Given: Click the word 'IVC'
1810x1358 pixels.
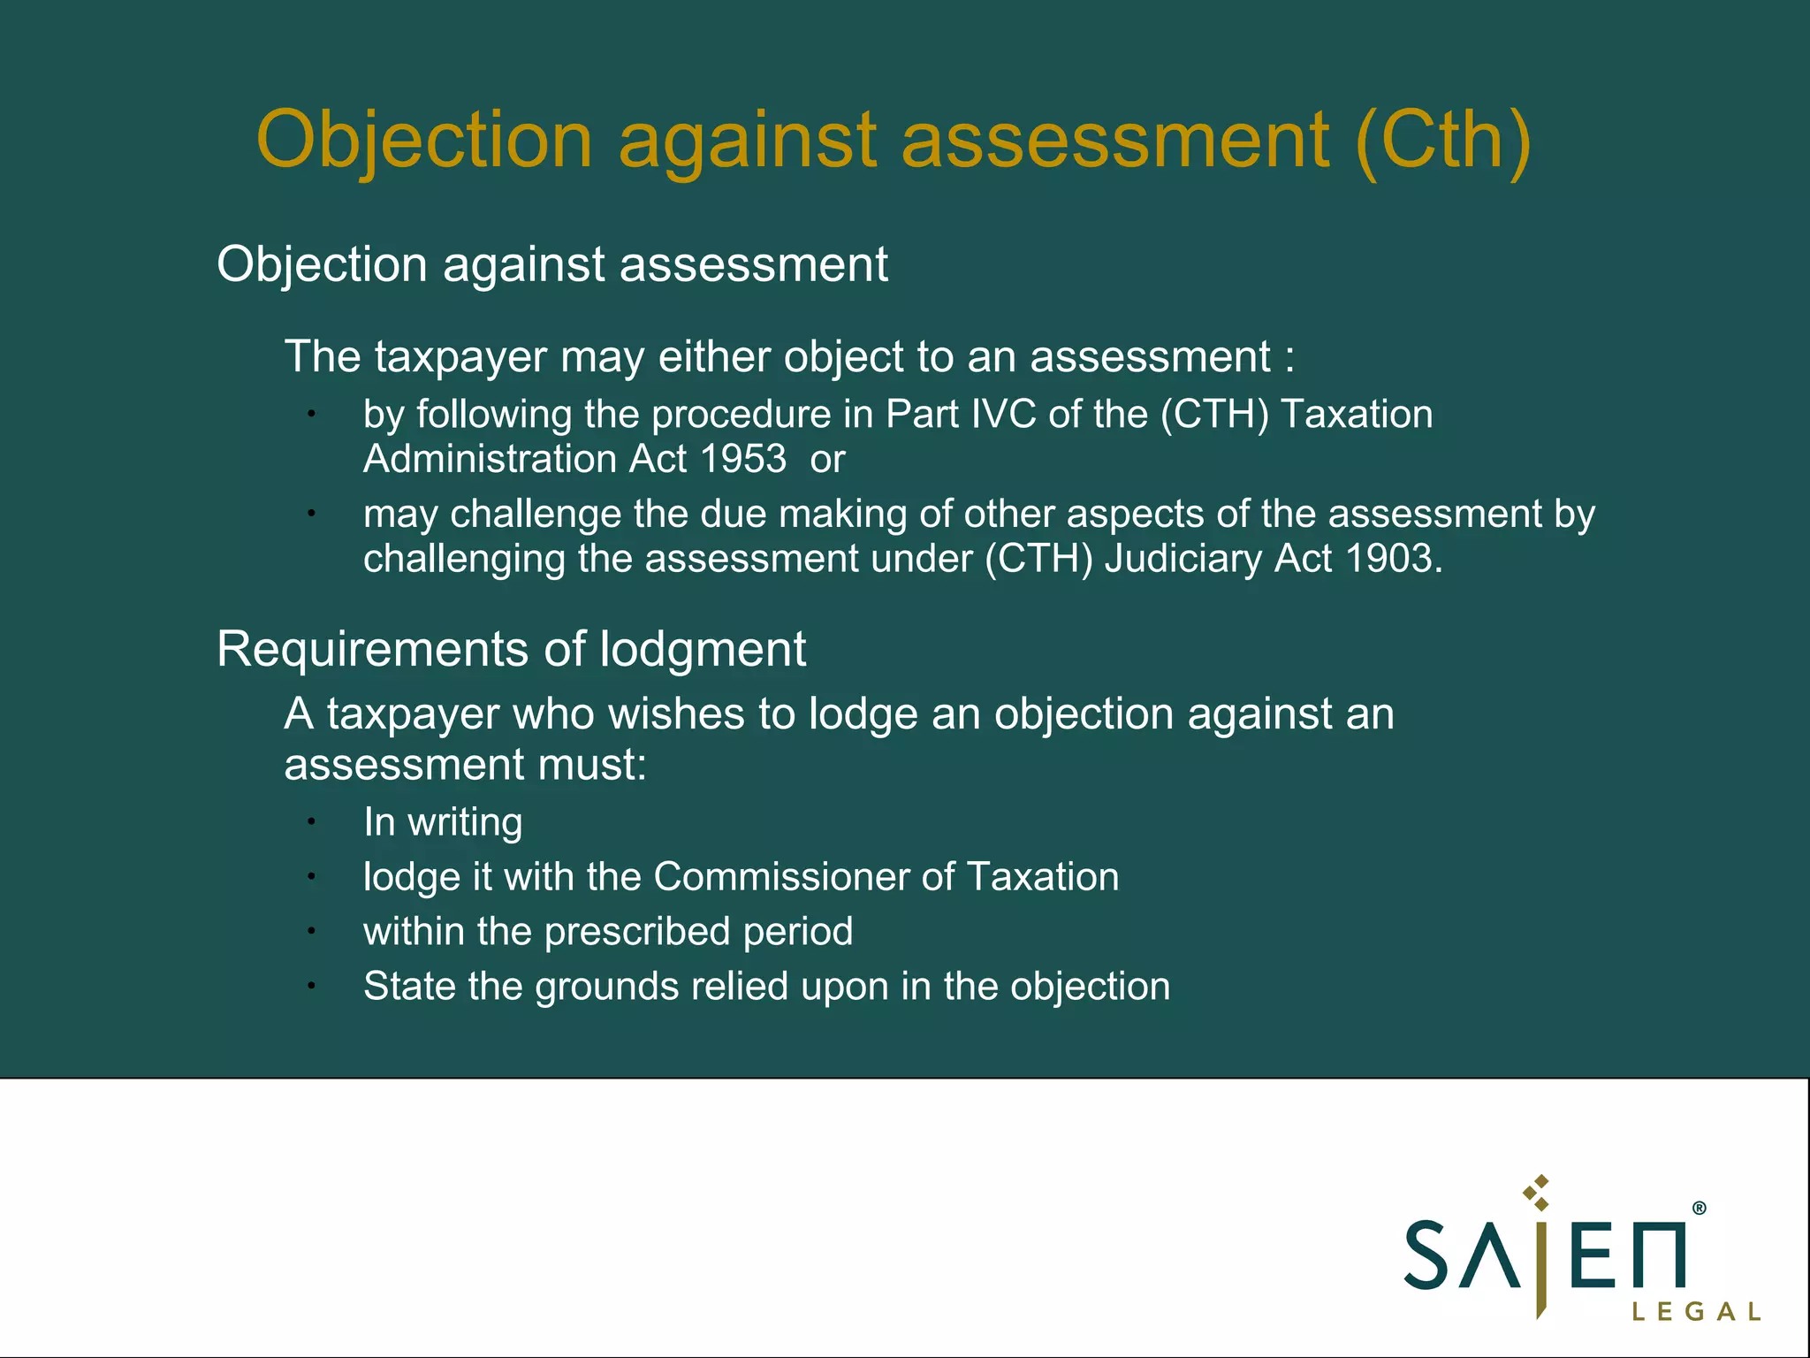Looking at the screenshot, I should pos(1003,414).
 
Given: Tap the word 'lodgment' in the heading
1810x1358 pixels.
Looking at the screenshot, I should pos(703,649).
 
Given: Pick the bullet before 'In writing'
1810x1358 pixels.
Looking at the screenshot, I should pos(311,822).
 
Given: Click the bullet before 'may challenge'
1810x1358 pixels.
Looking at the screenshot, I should pos(311,514).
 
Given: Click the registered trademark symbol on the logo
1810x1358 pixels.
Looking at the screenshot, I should pos(1699,1208).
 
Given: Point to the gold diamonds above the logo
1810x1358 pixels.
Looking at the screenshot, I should pos(1538,1192).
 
